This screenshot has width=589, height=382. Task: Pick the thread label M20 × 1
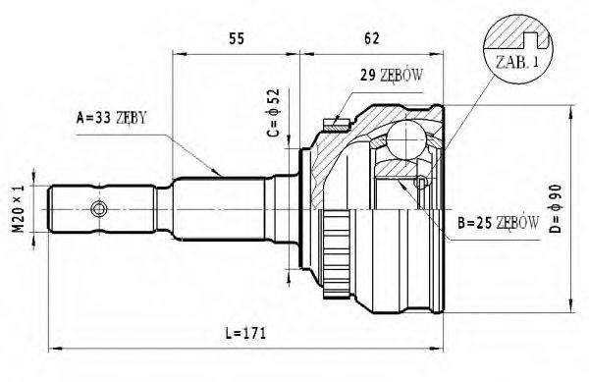pos(17,209)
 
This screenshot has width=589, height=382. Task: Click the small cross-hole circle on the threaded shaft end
pos(98,209)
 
